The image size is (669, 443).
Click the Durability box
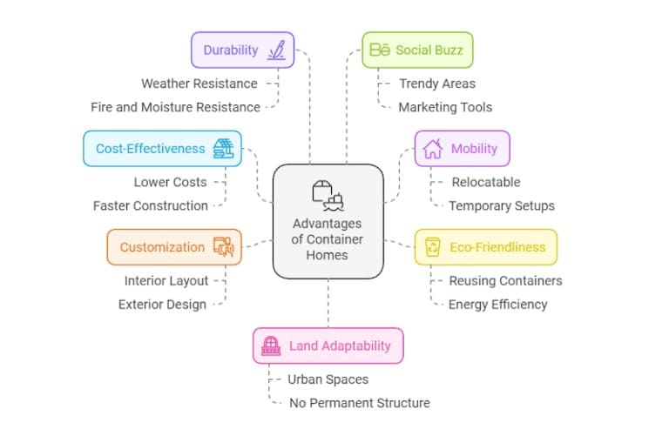coord(242,50)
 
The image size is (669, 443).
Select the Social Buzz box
coord(417,50)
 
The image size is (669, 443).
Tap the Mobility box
coord(462,148)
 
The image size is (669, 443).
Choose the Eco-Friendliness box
coord(485,247)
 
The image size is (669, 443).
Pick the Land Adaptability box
coord(328,346)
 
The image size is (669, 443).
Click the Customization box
coord(174,247)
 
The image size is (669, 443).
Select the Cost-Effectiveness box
coord(161,148)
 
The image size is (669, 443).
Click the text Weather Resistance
coord(199,84)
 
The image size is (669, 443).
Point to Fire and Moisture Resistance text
coord(175,107)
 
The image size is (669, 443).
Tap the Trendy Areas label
coord(437,84)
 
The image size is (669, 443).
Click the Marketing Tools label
coord(445,107)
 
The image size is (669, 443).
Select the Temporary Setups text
coord(502,206)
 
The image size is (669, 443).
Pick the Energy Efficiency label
coord(497,305)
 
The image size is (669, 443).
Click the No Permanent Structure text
coord(359,403)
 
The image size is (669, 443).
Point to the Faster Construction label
coord(151,206)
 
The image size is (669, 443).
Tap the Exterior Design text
coord(162,305)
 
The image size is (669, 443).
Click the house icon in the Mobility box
coord(432,148)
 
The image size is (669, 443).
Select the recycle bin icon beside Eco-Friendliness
coord(433,247)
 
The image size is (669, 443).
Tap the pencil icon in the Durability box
coord(277,50)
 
